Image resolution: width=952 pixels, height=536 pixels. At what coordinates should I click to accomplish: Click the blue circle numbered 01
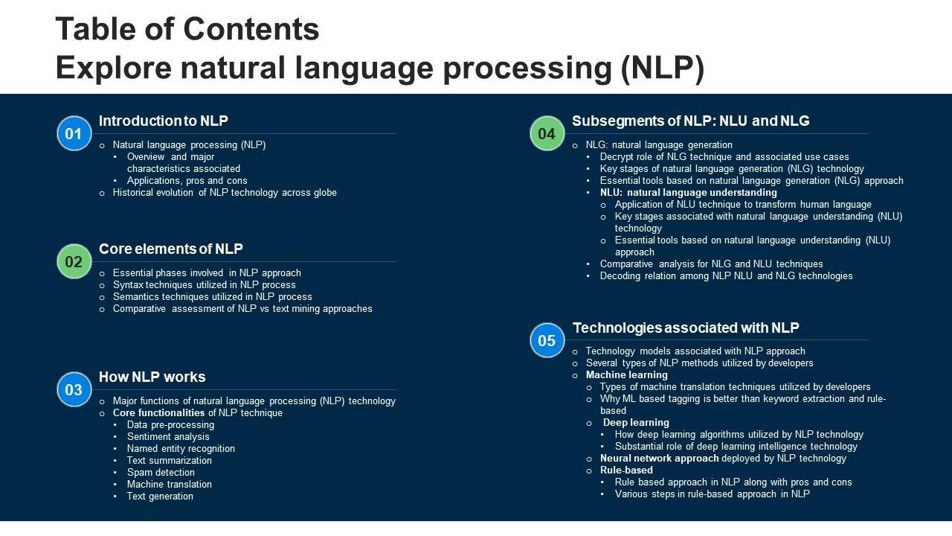tap(74, 134)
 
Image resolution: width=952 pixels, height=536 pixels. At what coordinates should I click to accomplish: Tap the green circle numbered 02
tap(74, 262)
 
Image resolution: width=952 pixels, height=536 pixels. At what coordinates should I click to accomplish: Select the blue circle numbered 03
tap(74, 390)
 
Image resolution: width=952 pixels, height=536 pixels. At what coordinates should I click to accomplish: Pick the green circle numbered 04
tap(547, 134)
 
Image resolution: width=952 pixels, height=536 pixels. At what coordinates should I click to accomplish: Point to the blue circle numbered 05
tap(547, 341)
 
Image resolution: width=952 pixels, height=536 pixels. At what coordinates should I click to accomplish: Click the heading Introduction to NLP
tap(164, 121)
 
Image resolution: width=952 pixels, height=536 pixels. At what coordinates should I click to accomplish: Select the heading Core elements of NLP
tap(171, 249)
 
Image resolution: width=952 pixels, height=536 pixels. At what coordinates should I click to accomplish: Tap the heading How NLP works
tap(152, 377)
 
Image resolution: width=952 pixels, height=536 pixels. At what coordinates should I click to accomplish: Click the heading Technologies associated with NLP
tap(686, 328)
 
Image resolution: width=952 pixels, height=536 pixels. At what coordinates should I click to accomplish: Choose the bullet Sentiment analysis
tap(168, 437)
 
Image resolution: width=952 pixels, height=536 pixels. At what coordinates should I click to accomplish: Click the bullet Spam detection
tap(161, 473)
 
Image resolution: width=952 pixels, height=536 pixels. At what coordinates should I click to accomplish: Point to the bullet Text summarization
tap(170, 461)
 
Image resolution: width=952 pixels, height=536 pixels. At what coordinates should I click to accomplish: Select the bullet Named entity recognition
tap(181, 449)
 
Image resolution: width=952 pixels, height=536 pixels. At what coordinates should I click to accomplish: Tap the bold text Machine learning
tap(626, 375)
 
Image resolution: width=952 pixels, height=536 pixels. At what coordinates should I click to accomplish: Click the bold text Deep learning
tap(636, 423)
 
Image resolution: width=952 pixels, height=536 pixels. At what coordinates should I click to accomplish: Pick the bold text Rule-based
tap(626, 470)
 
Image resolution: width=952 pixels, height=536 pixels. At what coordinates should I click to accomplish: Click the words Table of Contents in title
tap(187, 30)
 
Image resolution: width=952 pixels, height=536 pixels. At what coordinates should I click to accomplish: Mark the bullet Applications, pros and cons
tap(187, 181)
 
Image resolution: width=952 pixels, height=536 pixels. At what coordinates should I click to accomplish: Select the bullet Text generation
tap(160, 497)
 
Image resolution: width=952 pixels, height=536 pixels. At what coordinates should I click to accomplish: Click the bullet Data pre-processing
tap(170, 425)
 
